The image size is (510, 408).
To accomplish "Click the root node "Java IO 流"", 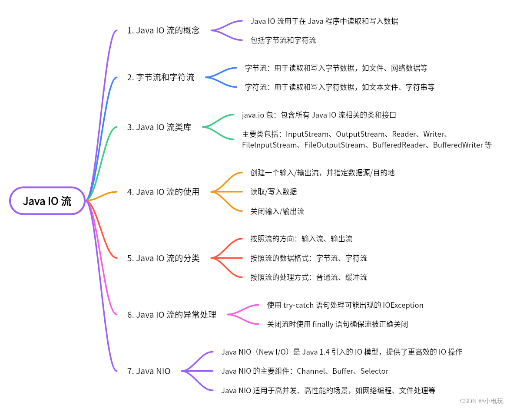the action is [x=47, y=201].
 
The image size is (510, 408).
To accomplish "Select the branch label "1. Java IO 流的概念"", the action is [x=163, y=30].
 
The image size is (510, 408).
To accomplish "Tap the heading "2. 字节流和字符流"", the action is [x=161, y=77].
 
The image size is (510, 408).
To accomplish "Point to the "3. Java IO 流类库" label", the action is [x=159, y=127].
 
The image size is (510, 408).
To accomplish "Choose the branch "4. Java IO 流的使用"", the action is [x=163, y=191].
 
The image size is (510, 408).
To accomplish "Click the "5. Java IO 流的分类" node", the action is [x=163, y=258].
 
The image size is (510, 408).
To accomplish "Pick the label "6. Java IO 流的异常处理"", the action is [x=172, y=315].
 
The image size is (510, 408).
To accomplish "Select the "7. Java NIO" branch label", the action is [x=149, y=371].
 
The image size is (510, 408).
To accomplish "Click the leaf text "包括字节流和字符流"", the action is [x=283, y=40].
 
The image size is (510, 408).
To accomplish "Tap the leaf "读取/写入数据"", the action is [x=274, y=191].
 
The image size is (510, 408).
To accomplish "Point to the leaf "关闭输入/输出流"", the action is [x=277, y=211].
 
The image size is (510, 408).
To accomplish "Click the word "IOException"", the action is [x=403, y=305].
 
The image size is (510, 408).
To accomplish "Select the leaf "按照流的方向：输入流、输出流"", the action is [x=301, y=239].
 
